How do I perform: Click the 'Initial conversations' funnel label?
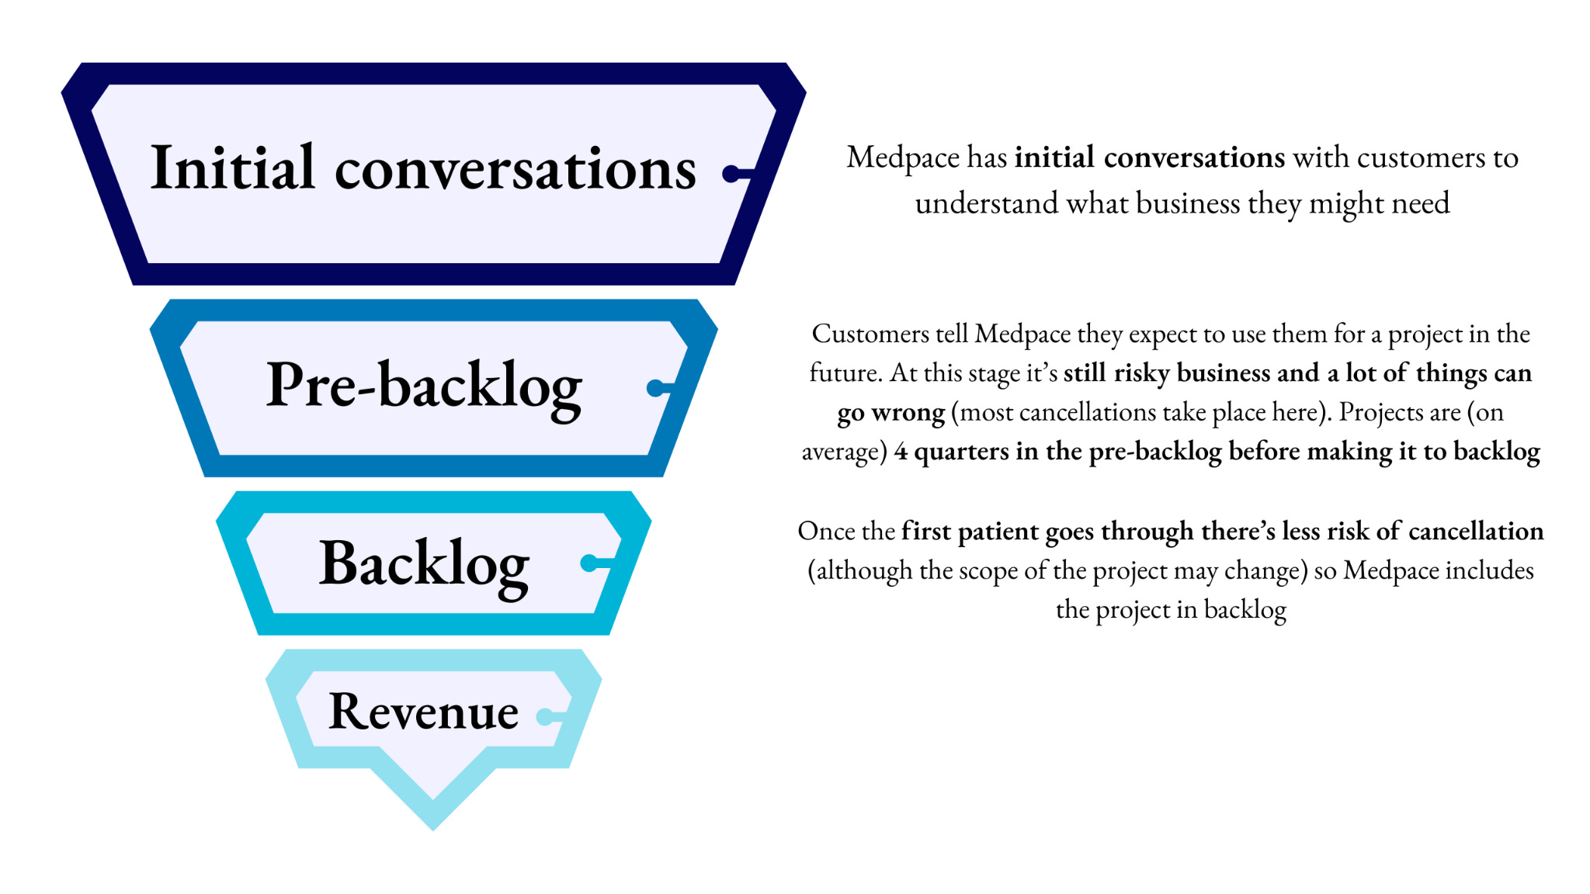(423, 168)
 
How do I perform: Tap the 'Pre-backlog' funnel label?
(424, 386)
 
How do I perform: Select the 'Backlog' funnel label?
(424, 564)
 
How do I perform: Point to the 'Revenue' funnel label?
(423, 711)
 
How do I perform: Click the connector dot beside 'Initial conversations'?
(731, 174)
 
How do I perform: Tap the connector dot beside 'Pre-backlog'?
(656, 387)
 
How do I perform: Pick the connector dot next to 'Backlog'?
(589, 563)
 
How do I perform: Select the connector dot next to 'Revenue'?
(545, 717)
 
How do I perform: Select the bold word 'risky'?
(1142, 373)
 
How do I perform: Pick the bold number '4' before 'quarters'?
(901, 452)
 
